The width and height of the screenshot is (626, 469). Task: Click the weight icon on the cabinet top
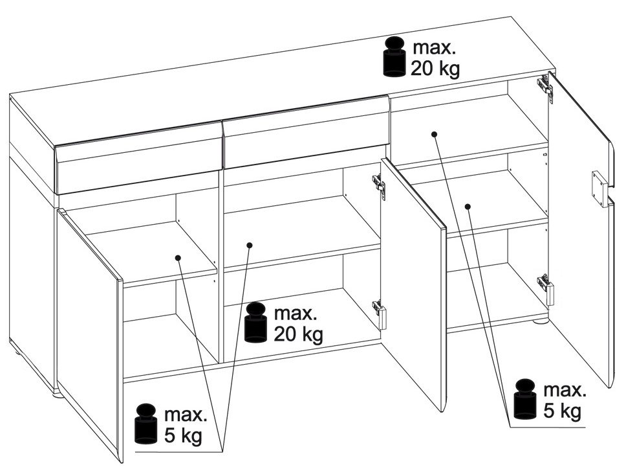[394, 56]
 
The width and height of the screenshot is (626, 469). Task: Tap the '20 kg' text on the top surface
[435, 69]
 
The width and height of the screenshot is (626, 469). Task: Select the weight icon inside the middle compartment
[256, 323]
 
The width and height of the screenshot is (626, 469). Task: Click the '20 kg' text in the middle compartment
[298, 334]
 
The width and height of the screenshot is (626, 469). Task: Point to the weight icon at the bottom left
[146, 424]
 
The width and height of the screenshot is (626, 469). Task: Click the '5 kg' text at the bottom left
[183, 435]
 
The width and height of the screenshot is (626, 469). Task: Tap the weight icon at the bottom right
[525, 399]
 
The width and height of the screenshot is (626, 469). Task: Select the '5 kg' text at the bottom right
[562, 411]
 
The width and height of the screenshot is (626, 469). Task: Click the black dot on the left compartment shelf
[178, 258]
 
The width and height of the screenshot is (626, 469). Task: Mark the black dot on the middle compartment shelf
[250, 245]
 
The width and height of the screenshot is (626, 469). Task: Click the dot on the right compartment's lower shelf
[468, 206]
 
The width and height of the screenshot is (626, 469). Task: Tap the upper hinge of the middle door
[379, 187]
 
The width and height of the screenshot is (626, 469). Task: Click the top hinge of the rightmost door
[545, 87]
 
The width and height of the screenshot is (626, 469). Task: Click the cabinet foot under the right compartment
[541, 320]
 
